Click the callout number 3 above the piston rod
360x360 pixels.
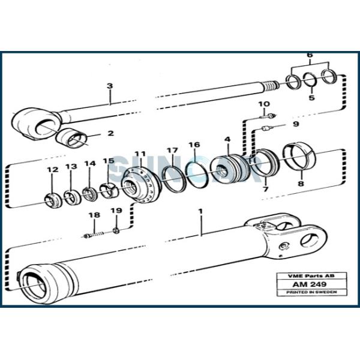coord(110,86)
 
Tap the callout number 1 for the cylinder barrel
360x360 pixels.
coord(200,212)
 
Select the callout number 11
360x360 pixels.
coord(140,154)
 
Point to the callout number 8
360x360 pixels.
coord(301,186)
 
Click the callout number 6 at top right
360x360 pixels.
coord(310,55)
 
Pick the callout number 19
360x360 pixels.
coord(116,211)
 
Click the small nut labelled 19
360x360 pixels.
coord(116,229)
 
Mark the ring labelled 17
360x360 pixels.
coord(172,178)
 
